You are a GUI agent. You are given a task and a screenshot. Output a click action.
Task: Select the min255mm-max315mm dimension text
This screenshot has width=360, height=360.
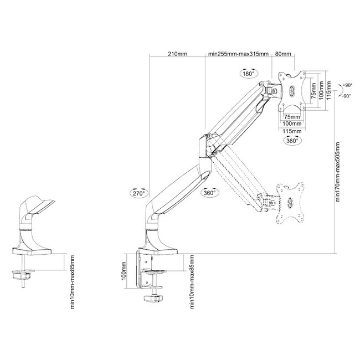(239, 54)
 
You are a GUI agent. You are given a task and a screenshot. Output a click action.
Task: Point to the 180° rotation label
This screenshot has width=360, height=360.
(248, 73)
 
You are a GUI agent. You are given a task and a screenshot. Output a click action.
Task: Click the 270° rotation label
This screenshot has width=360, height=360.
(140, 193)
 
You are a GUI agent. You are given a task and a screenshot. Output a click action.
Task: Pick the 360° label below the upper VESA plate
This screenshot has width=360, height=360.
(293, 141)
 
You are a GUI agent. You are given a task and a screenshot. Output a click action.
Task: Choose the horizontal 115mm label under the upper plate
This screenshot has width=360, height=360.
(292, 131)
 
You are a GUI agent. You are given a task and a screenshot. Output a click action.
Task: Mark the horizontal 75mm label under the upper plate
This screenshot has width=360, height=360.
(292, 117)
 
